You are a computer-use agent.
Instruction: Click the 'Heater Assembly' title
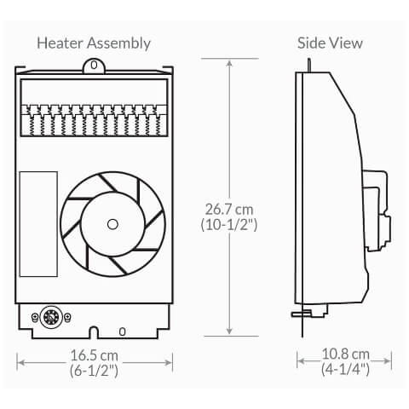coord(94,43)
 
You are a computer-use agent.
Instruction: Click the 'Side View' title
coord(330,43)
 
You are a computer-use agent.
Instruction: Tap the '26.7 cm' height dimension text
coord(231,209)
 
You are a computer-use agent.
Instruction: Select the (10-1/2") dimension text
coord(231,225)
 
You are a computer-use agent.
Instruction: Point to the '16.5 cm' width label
coord(94,354)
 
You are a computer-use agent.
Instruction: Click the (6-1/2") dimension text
coord(94,371)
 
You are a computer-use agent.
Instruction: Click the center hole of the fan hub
coord(112,223)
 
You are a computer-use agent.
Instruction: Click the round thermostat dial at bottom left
coord(48,319)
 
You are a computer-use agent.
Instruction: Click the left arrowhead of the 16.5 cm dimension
coord(20,363)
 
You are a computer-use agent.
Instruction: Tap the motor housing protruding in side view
coord(375,204)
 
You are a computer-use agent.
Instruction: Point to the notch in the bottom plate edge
coord(94,332)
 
